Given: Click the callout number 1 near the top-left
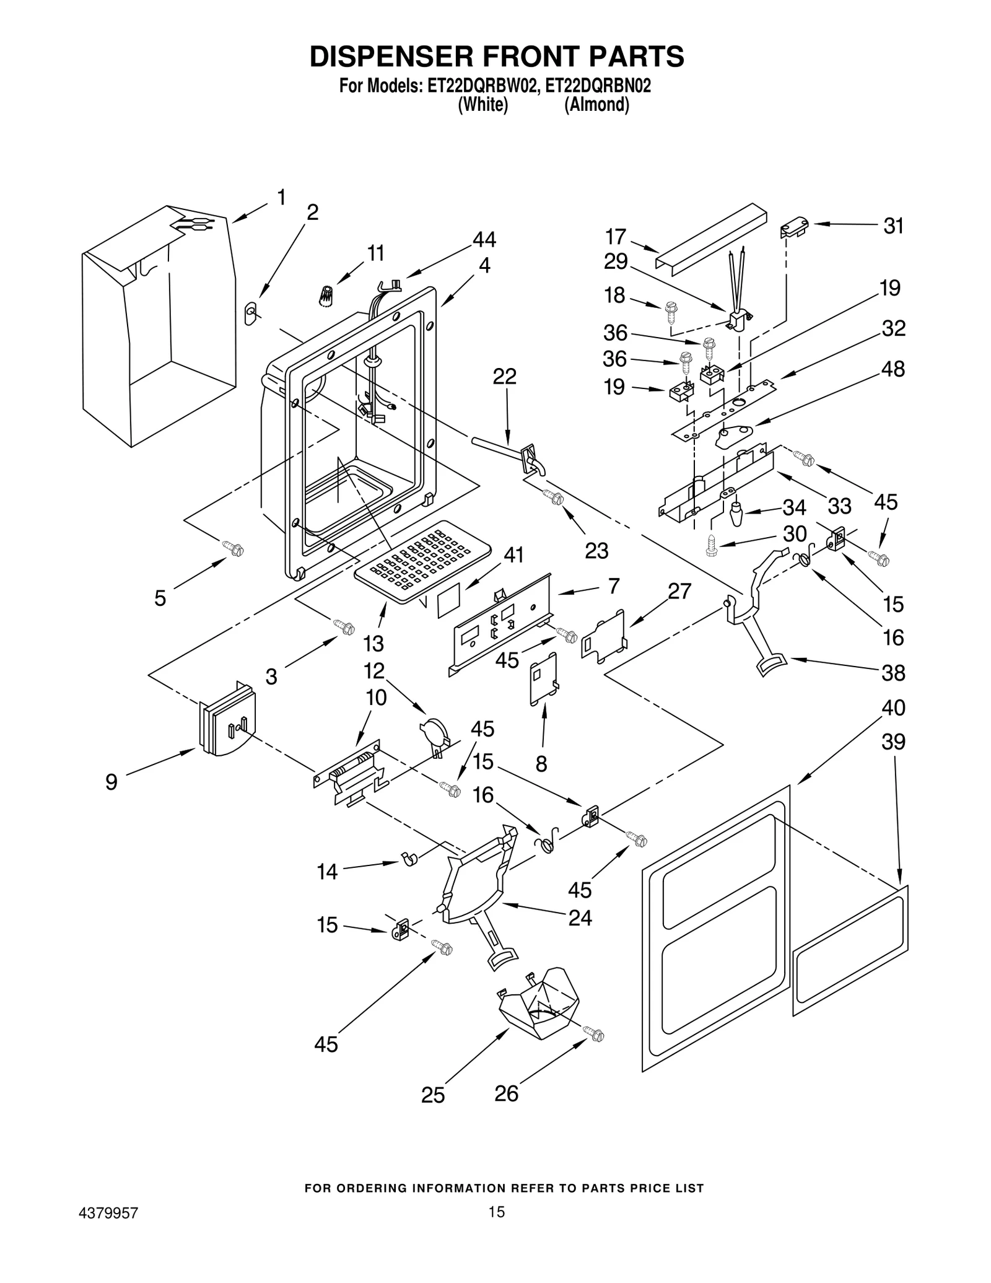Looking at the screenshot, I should (282, 198).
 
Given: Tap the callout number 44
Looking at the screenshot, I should (484, 239).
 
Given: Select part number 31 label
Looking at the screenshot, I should (893, 226).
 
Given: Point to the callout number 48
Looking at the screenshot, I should (893, 369).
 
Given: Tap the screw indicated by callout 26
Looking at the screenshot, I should (595, 1034).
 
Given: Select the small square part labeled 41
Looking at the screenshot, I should (449, 600).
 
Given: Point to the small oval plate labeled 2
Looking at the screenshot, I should (251, 313).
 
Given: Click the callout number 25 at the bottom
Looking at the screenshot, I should (433, 1095).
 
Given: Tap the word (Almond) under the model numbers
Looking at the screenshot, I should (596, 105).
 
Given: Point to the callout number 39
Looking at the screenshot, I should (893, 742).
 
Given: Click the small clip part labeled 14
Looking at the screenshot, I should (409, 859).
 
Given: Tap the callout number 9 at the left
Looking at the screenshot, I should (111, 782).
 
